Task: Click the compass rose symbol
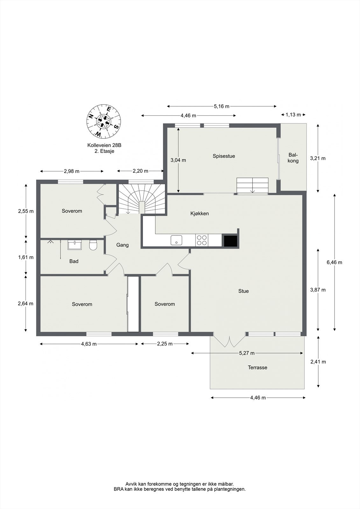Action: tap(104, 121)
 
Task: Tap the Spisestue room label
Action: tap(224, 156)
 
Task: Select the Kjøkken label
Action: tap(200, 213)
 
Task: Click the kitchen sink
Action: tap(176, 240)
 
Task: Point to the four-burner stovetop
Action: tap(202, 240)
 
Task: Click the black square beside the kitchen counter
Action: tap(231, 241)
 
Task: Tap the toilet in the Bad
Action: tap(93, 245)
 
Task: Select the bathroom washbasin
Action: tap(75, 245)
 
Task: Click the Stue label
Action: tap(243, 291)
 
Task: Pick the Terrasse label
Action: tap(258, 367)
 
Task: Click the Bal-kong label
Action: tap(293, 158)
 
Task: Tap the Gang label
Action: tap(122, 245)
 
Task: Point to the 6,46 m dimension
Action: tap(334, 262)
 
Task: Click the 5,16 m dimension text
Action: tap(222, 106)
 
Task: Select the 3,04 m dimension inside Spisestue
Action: tap(178, 160)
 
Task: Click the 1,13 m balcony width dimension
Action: tap(293, 115)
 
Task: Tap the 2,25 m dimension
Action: tap(165, 344)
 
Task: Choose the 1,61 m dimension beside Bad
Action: tap(26, 257)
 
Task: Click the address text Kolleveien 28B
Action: tap(104, 145)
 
